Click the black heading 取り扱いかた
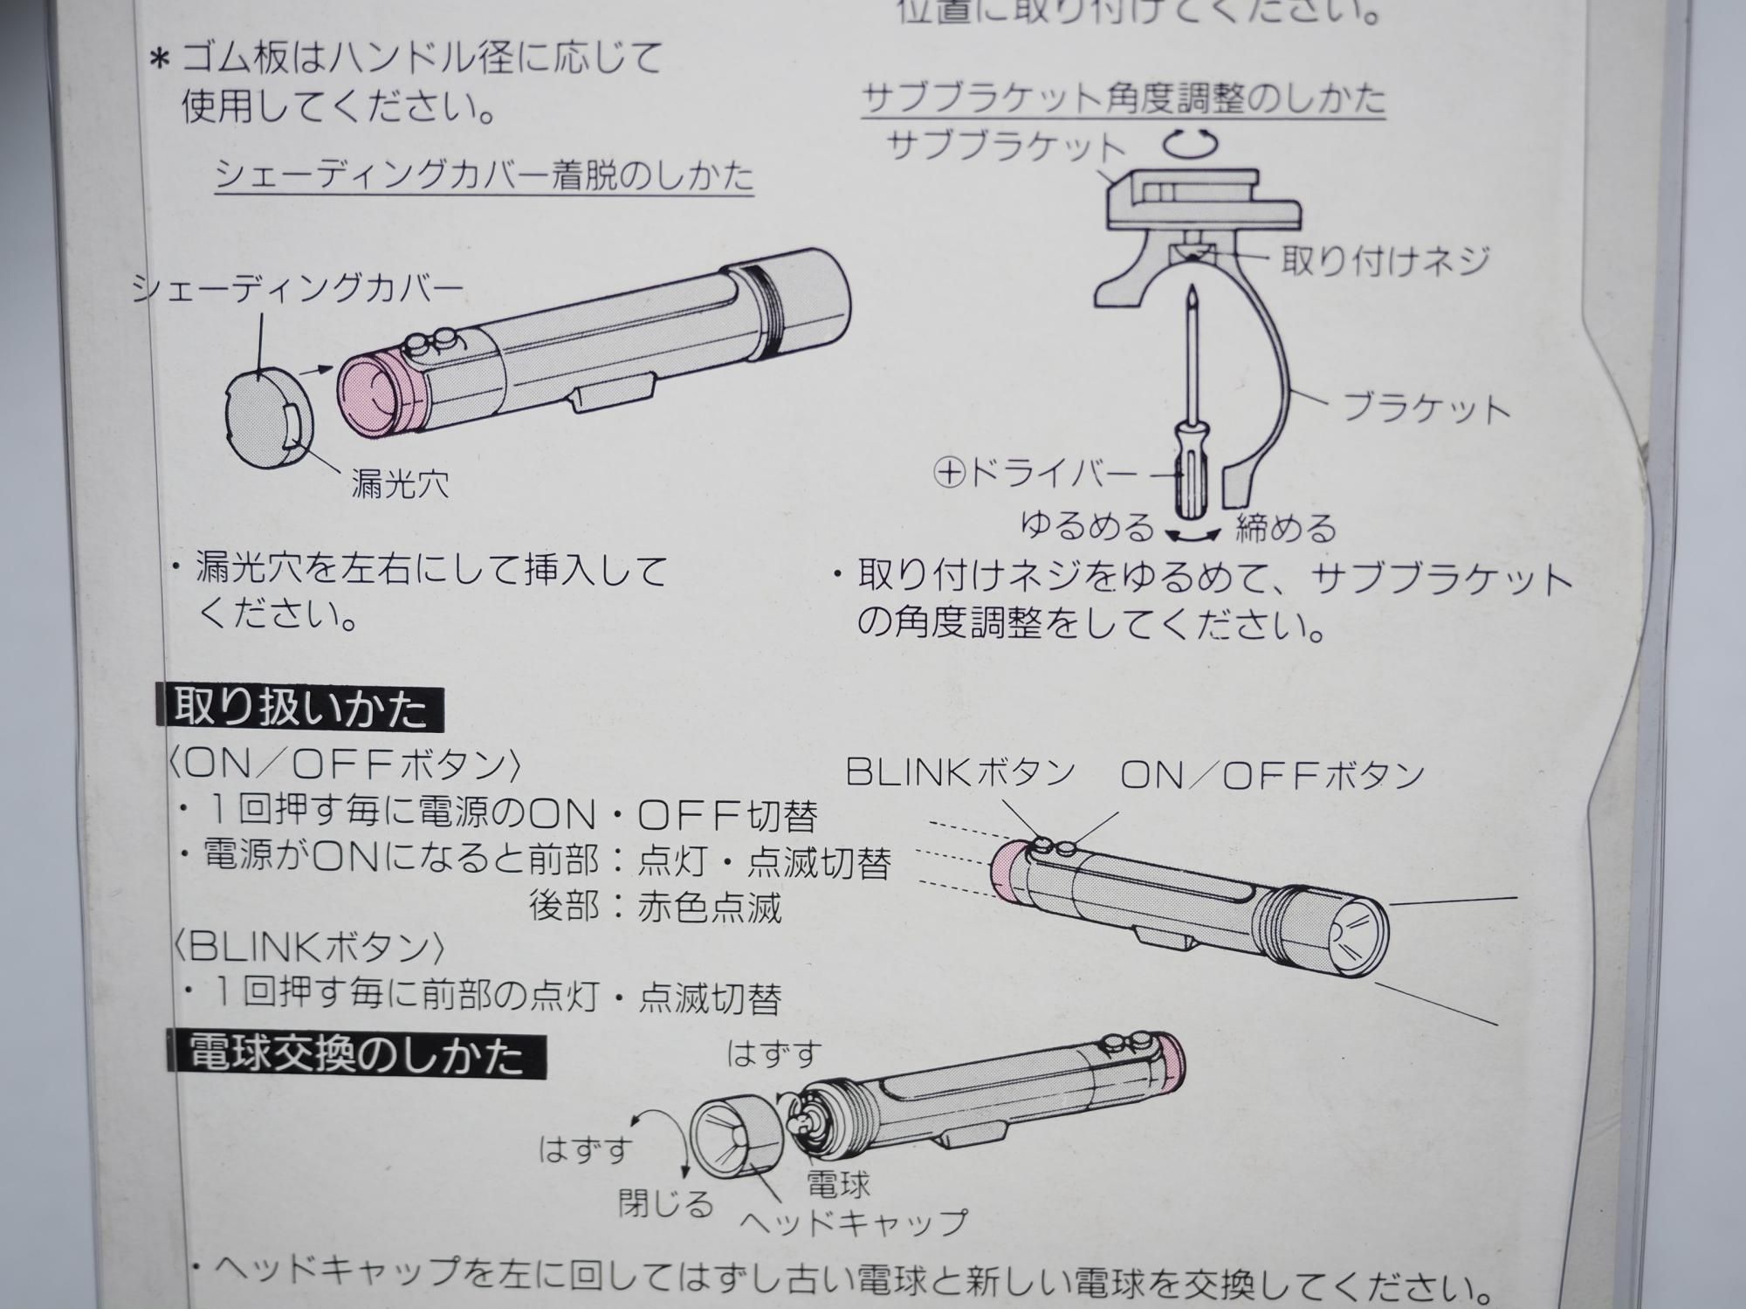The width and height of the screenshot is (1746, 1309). tap(300, 709)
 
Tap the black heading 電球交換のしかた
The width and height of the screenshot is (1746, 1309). tap(356, 1055)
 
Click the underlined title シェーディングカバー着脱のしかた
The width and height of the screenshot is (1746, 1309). tap(485, 175)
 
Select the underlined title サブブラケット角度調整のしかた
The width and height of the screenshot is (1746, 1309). tap(1124, 98)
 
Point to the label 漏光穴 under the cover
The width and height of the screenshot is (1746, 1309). tap(400, 483)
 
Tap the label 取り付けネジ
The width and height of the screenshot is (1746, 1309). tap(1385, 260)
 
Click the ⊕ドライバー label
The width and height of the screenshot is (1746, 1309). tap(1035, 473)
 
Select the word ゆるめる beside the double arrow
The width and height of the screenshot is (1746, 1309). tap(1087, 526)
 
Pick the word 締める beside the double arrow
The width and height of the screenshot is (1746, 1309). tap(1286, 528)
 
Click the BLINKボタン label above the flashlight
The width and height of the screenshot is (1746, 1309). tap(960, 771)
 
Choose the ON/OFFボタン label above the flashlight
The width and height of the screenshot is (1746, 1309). tap(1272, 775)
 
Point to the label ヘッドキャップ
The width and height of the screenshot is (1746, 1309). tap(854, 1221)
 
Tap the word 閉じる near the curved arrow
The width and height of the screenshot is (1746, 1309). tap(666, 1204)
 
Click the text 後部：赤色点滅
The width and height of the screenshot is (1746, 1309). tap(655, 908)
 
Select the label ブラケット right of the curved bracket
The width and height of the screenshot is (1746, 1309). tap(1425, 408)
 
